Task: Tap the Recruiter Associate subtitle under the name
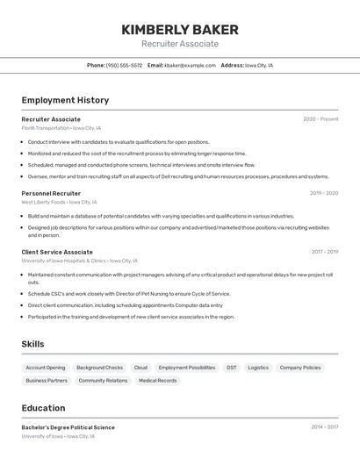click(180, 44)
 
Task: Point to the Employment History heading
click(65, 100)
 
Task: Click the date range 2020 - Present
click(320, 119)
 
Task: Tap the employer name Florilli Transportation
click(46, 128)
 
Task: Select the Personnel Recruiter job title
click(51, 193)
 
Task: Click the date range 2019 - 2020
click(323, 193)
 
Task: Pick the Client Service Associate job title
click(57, 252)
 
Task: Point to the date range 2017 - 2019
click(324, 252)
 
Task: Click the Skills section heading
click(32, 344)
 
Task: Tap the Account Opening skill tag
click(46, 368)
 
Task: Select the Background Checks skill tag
click(99, 368)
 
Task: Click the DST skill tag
click(231, 368)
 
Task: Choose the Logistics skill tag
click(258, 368)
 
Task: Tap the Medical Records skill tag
click(157, 381)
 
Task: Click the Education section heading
click(43, 408)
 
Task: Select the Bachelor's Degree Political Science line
click(68, 427)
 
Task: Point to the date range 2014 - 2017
click(323, 427)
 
